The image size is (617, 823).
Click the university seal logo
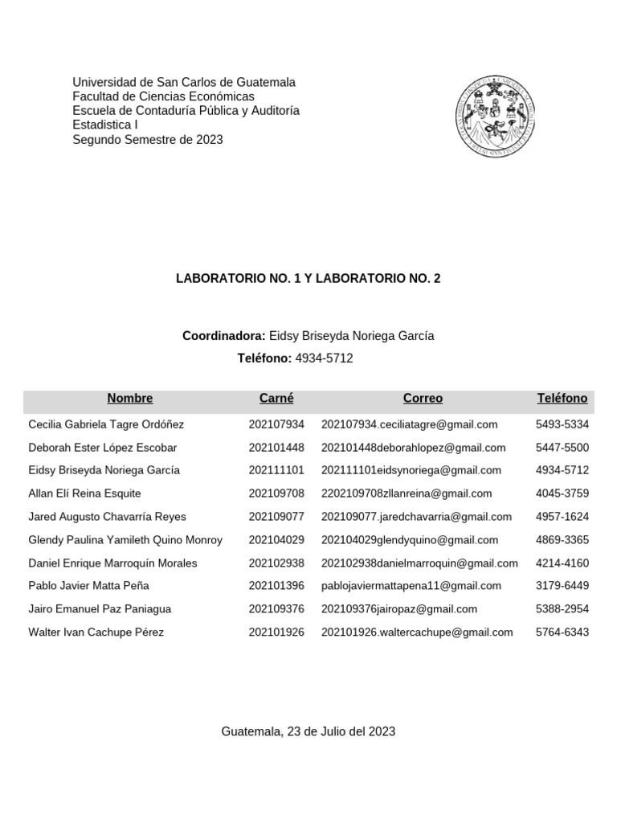496,117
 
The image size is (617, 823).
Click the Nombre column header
129,399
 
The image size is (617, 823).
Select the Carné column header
276,399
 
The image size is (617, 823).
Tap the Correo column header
423,399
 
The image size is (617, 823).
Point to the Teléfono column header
562,399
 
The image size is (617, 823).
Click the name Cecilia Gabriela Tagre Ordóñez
106,424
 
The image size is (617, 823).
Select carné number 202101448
276,448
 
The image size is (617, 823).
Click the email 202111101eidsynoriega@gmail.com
411,470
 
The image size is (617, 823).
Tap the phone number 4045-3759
562,493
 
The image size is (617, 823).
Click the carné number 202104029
276,540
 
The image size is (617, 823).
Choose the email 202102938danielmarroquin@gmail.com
419,563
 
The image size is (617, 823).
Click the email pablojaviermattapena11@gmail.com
411,586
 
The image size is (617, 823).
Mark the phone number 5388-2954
562,609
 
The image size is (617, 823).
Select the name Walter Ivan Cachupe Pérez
96,633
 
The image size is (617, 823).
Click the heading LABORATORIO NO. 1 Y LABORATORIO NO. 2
308,279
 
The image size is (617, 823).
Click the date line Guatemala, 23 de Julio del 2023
308,731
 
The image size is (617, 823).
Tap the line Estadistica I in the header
105,125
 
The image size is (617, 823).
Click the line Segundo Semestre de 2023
148,140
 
